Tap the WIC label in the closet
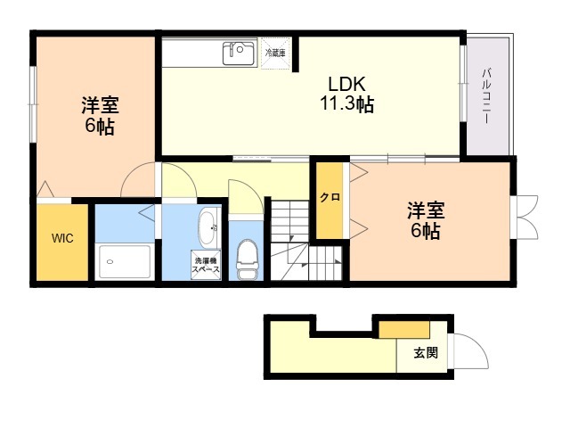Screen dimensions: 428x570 point(62,238)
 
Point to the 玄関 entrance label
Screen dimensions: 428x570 point(425,352)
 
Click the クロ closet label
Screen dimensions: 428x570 point(329,198)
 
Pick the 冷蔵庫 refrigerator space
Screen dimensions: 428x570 point(274,53)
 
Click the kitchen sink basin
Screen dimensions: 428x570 point(238,53)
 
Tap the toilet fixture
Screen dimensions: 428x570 point(248,256)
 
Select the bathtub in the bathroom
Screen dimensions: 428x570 point(125,261)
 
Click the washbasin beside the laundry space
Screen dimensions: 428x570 point(208,227)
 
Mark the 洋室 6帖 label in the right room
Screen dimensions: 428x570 point(425,221)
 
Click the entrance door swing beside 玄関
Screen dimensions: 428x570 point(469,352)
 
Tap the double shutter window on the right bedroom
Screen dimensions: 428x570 point(525,217)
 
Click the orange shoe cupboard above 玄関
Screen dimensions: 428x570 point(392,328)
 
